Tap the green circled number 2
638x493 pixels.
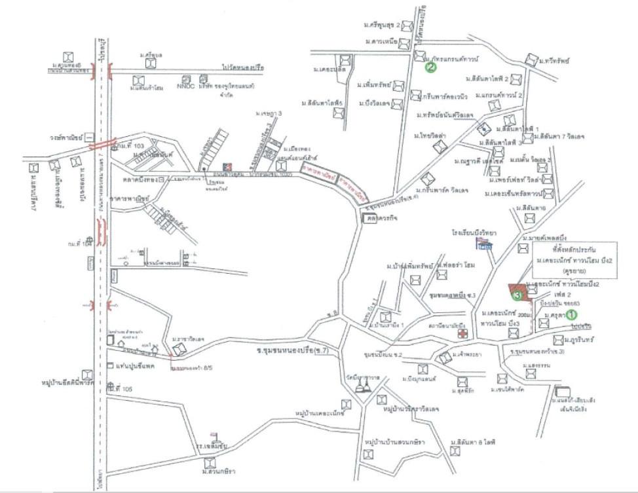pyautogui.click(x=430, y=66)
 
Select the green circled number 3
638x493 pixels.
pyautogui.click(x=517, y=297)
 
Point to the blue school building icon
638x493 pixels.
pyautogui.click(x=485, y=246)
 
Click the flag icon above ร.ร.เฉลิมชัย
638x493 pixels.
pyautogui.click(x=214, y=435)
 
